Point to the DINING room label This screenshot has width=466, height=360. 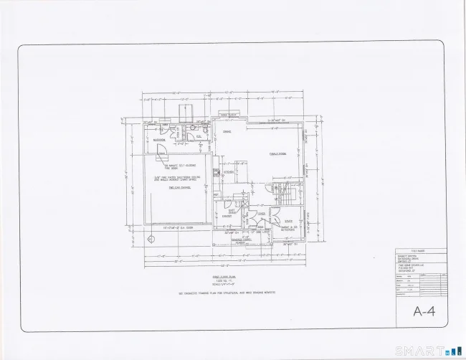tap(227, 133)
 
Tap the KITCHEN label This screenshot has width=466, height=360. tap(229, 171)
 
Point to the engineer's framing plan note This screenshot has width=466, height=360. tap(227, 295)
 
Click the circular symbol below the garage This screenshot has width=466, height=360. tap(151, 239)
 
